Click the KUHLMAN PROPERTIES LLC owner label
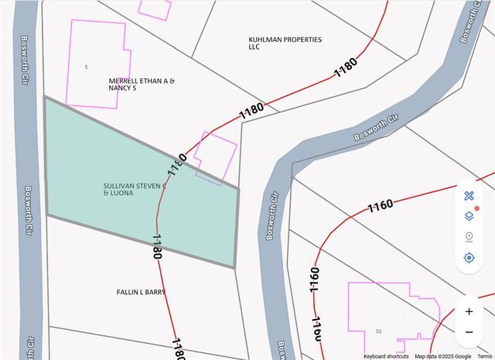coord(285,43)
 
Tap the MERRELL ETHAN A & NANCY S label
coord(142,84)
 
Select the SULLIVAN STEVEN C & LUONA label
coord(135,190)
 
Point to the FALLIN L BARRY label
coord(141,292)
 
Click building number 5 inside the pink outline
coord(86,67)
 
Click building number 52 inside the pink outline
coord(378,331)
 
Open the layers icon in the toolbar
coord(469,216)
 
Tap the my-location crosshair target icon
coord(469,257)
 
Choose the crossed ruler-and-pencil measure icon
coord(469,196)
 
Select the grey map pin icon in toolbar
coord(469,237)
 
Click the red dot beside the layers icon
coord(477,209)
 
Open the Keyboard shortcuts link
coord(386,356)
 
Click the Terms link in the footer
coord(484,356)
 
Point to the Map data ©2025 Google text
coord(442,356)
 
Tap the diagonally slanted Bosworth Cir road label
coord(375,129)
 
